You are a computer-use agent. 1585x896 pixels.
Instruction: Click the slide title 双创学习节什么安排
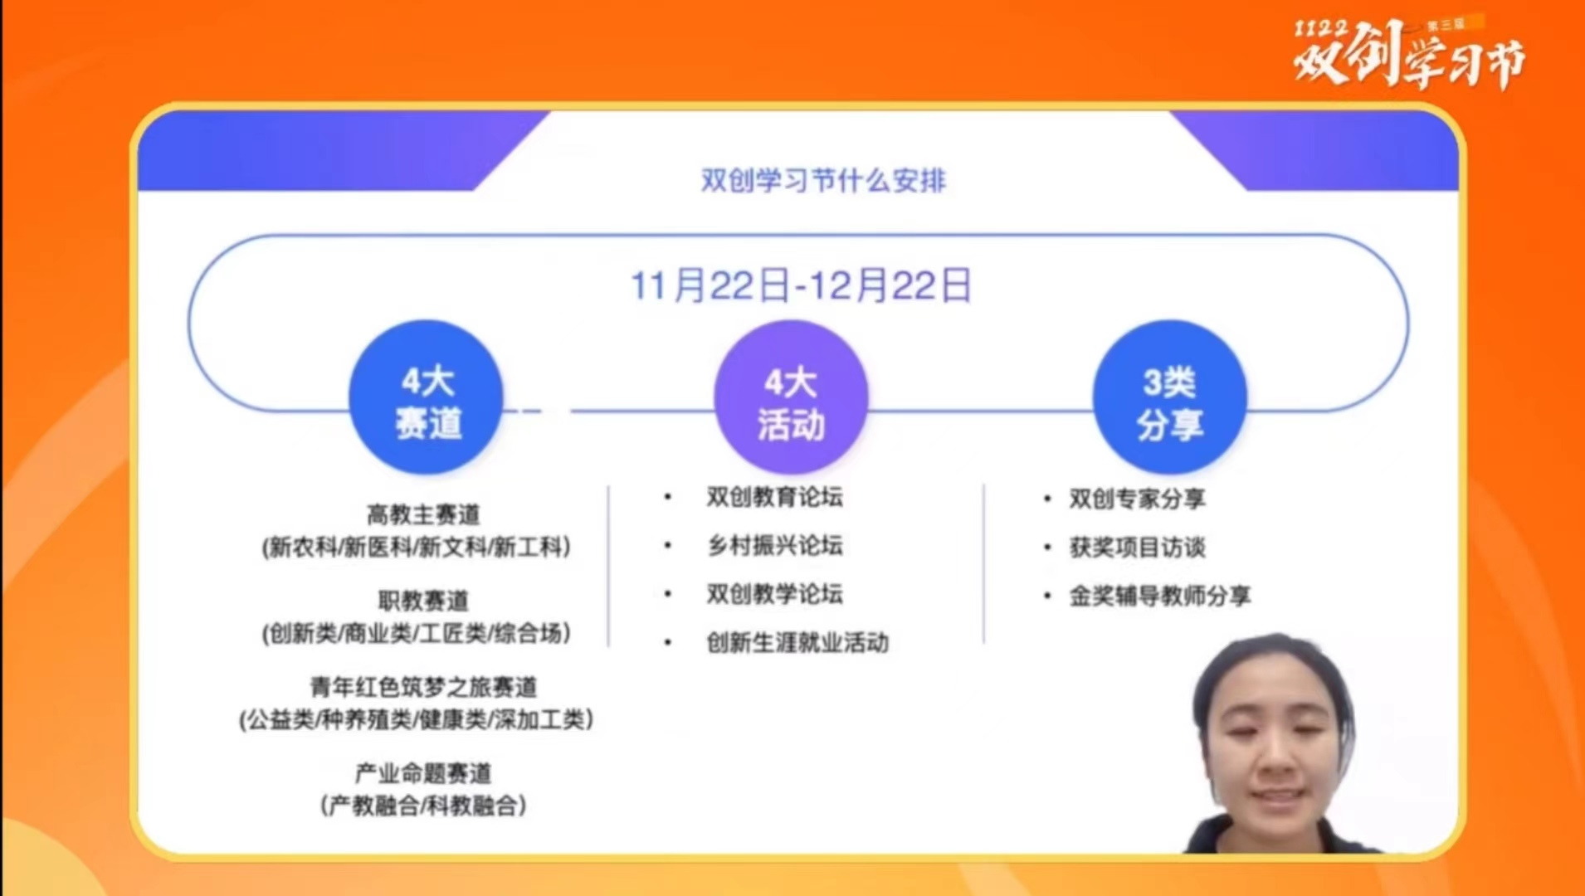click(x=823, y=180)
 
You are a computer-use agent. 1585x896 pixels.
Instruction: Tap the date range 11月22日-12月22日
click(x=801, y=285)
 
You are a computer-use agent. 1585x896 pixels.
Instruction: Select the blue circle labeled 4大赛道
click(x=427, y=397)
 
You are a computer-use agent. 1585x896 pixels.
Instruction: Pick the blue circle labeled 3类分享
click(x=1169, y=397)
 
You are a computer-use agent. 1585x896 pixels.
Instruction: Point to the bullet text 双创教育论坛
click(x=774, y=497)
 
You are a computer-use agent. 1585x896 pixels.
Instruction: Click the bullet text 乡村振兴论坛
click(x=774, y=545)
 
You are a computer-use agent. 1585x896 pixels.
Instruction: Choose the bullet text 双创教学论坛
click(x=774, y=594)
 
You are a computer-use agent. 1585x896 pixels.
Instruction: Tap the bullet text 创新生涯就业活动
click(x=797, y=642)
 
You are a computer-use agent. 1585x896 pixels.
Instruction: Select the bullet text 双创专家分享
click(x=1137, y=499)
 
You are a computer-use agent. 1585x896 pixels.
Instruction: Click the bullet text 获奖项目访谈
click(x=1137, y=547)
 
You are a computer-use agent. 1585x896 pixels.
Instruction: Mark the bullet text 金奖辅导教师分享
click(x=1159, y=596)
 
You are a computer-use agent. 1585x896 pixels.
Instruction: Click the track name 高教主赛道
click(x=423, y=515)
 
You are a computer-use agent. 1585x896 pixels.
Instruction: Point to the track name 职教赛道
click(x=423, y=601)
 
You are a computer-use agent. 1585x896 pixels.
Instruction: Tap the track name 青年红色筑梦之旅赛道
click(x=423, y=687)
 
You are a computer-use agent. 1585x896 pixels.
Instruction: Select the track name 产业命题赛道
click(x=423, y=773)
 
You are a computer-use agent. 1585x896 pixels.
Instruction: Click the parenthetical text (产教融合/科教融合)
click(x=423, y=806)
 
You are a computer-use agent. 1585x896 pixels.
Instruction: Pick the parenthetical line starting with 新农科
click(x=417, y=548)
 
